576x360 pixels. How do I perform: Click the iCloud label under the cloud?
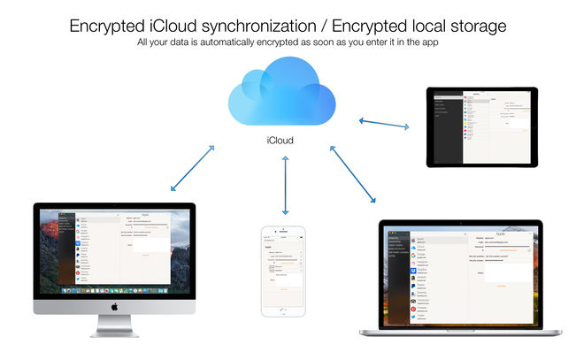pos(280,140)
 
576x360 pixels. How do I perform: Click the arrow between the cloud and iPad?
pos(384,121)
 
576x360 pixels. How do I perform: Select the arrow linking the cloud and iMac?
pos(192,168)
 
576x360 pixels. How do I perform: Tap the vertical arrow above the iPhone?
pos(285,185)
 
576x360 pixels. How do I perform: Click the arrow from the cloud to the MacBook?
pos(354,173)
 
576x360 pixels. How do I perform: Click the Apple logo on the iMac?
pos(115,306)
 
